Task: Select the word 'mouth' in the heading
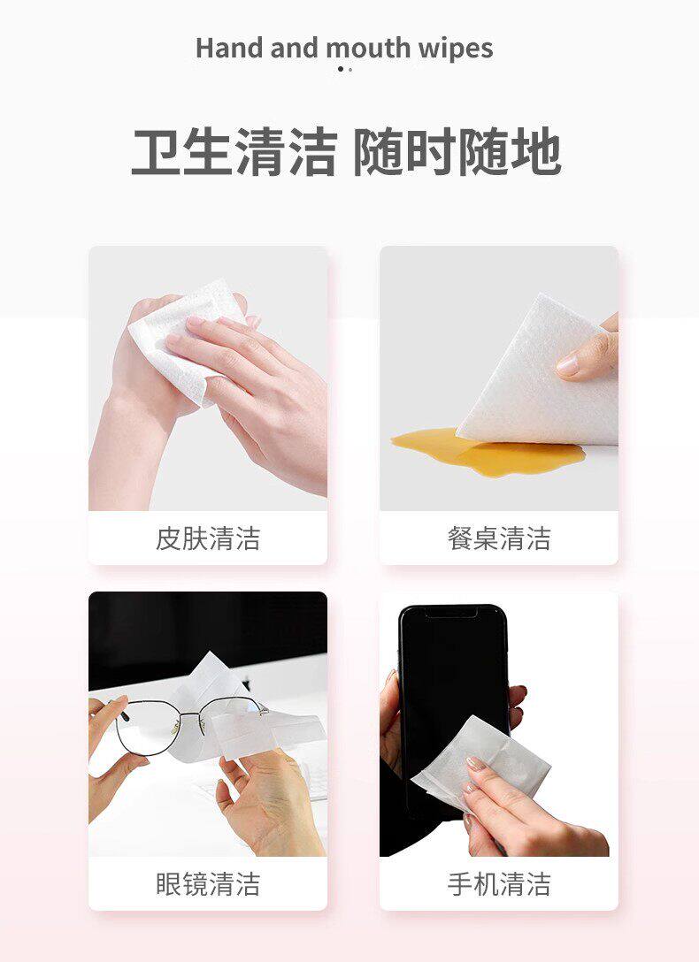[x=368, y=49]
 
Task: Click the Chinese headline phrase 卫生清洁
[x=234, y=153]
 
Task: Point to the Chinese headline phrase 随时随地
[x=457, y=153]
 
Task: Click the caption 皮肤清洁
[x=208, y=538]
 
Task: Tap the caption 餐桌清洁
[x=499, y=538]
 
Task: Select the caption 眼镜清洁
[x=208, y=883]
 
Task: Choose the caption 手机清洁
[x=499, y=883]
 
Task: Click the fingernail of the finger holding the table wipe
[x=568, y=366]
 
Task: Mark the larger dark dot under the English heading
[x=341, y=69]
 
